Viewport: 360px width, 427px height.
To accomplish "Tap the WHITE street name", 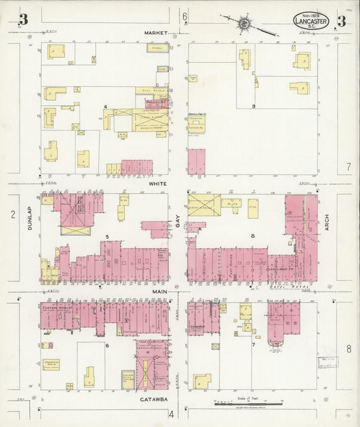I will [x=158, y=183].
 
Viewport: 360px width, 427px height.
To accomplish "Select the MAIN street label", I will [x=159, y=291].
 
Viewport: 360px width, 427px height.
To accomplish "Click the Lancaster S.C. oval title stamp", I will [x=311, y=21].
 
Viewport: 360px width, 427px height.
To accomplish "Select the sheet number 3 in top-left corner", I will [x=24, y=20].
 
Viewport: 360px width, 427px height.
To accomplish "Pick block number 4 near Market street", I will [x=105, y=107].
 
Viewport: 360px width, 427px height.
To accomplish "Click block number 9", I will [x=253, y=107].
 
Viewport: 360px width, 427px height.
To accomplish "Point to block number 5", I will [x=107, y=236].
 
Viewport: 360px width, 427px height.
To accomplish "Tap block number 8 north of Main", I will [x=252, y=236].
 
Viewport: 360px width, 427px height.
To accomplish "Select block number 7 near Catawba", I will [x=253, y=345].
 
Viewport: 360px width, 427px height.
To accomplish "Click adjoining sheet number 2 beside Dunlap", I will [x=12, y=215].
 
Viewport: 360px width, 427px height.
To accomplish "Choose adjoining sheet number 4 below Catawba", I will [x=172, y=413].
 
